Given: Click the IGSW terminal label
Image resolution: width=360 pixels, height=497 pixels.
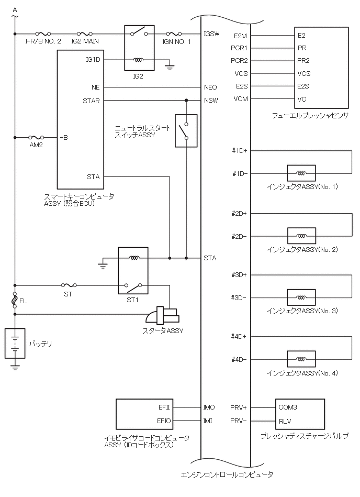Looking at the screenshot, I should click(211, 34).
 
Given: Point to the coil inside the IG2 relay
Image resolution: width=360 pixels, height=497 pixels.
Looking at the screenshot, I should click(139, 60).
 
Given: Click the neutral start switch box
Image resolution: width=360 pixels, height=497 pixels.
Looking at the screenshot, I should click(186, 130).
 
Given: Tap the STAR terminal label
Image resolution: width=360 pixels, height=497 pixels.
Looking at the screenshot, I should click(92, 101).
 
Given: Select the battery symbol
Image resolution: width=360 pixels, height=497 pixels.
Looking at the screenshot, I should click(15, 344).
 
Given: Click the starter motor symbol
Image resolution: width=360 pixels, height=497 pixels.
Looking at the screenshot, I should click(162, 316).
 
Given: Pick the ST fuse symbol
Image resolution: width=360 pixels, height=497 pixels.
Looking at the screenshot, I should click(68, 285).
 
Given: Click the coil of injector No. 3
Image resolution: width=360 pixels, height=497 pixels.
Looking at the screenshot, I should click(301, 297).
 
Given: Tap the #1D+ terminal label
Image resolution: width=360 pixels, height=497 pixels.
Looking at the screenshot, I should click(239, 151).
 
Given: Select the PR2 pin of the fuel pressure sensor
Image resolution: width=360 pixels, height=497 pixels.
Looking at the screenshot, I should click(303, 60).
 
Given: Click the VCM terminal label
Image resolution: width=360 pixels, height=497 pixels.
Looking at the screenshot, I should click(241, 100).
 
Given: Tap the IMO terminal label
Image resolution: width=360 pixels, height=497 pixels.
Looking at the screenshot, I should click(209, 407).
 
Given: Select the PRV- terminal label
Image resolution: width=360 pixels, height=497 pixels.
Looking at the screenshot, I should click(239, 420).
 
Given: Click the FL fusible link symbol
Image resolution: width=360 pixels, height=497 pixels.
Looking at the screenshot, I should click(15, 301).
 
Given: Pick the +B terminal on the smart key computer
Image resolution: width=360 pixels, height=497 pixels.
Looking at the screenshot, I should click(64, 138).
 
